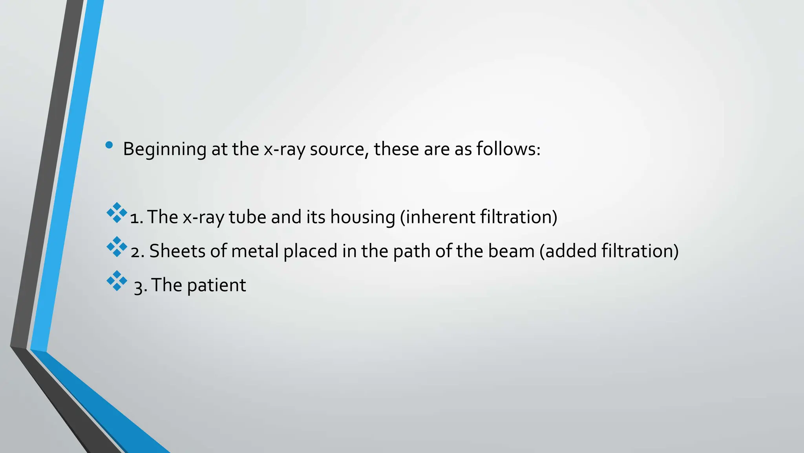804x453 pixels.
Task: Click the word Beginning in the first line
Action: click(164, 149)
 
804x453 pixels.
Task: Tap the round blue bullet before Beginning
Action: click(109, 145)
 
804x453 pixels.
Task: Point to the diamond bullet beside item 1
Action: click(117, 213)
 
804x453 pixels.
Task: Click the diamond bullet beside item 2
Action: click(117, 247)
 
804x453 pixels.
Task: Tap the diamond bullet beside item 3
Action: click(117, 281)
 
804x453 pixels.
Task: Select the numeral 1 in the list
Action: click(135, 218)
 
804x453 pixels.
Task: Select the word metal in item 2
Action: click(255, 251)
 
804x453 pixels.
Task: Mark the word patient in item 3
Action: click(216, 285)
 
